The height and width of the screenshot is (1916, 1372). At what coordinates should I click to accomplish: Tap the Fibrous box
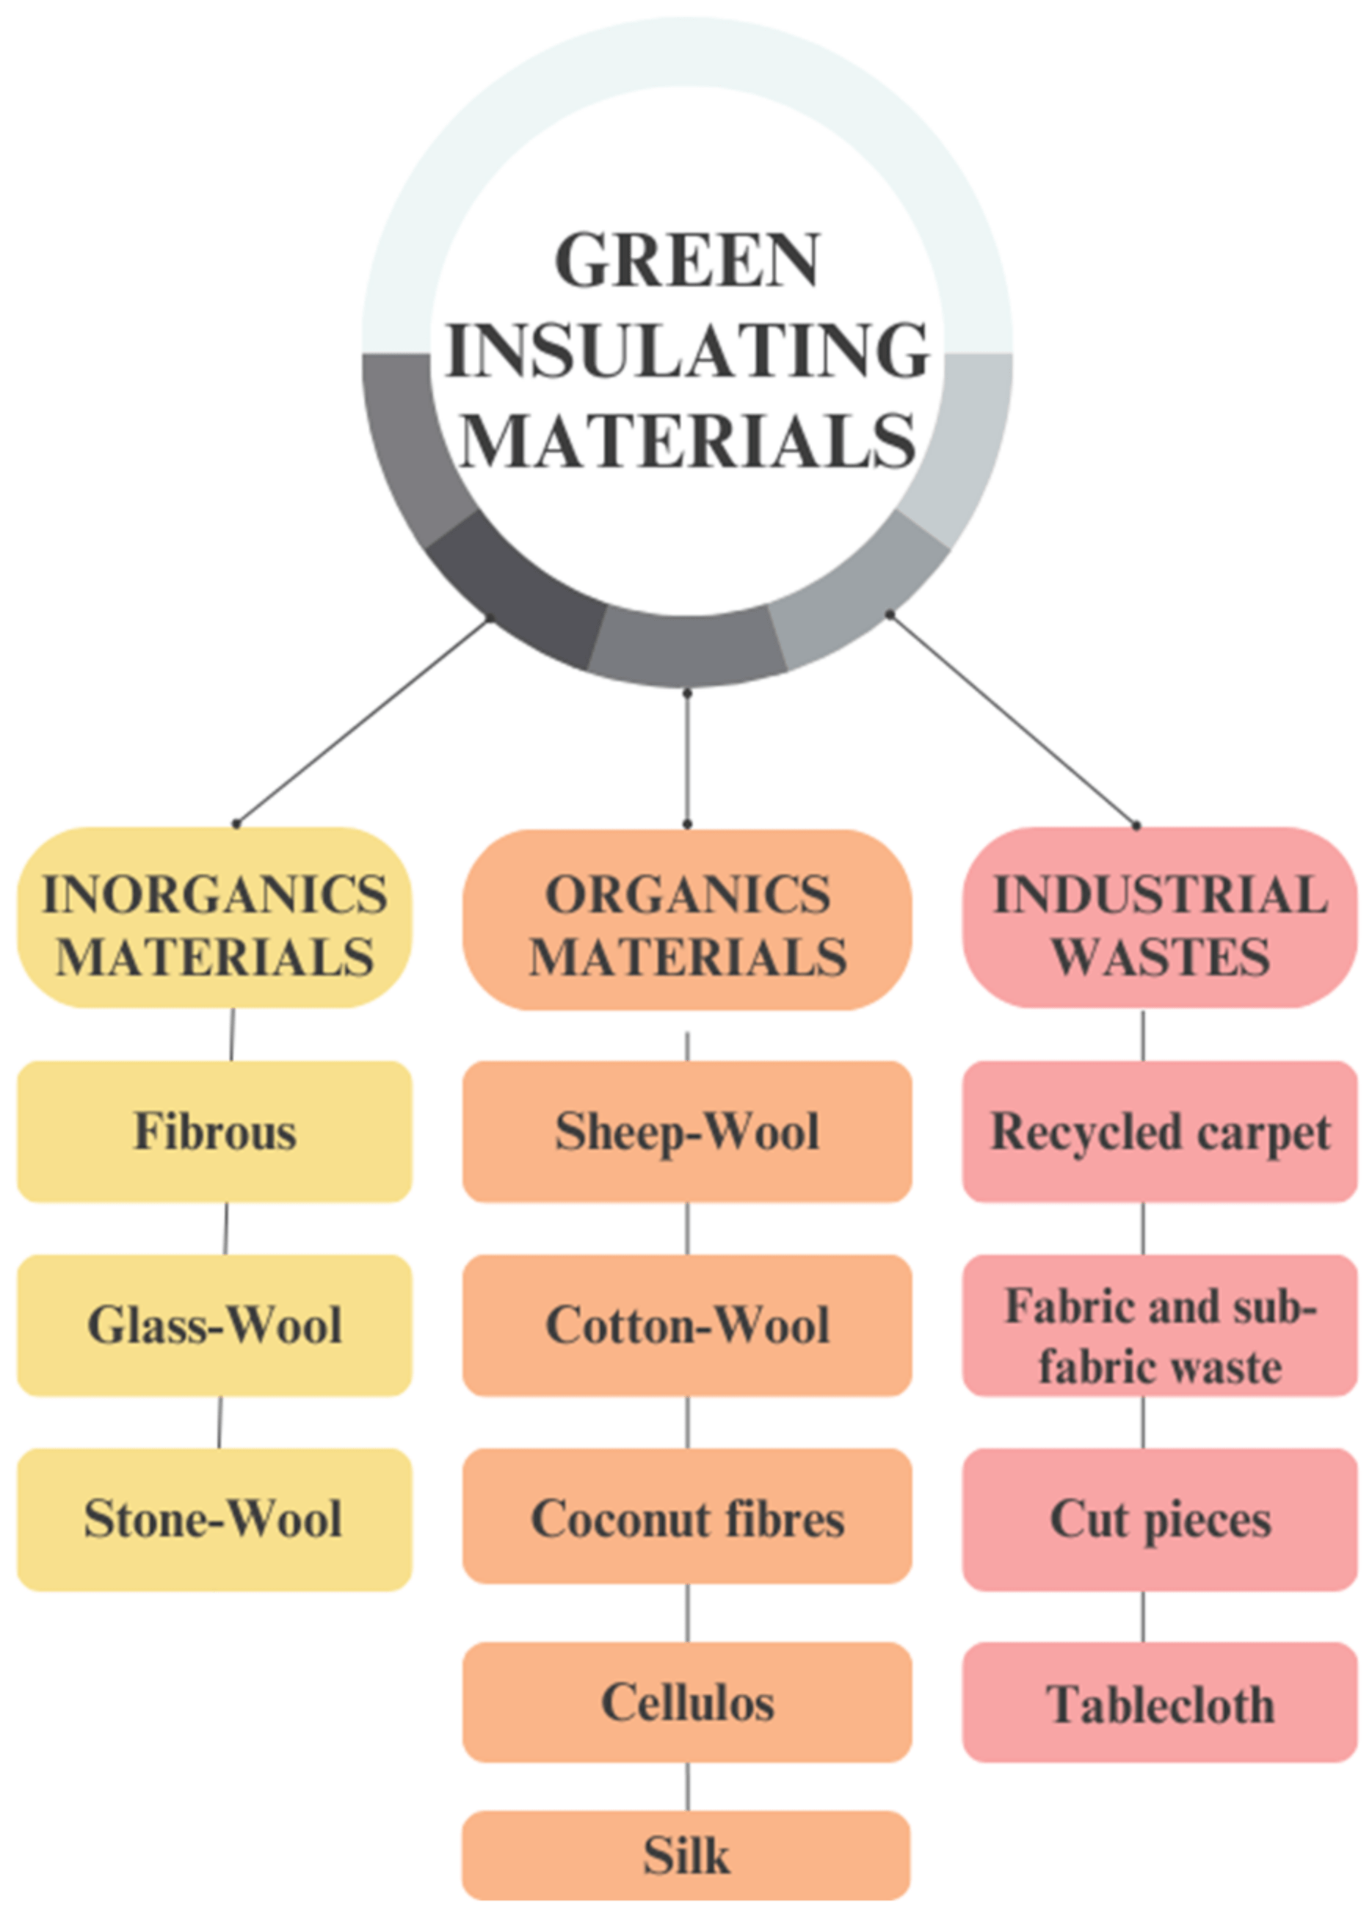tap(214, 1131)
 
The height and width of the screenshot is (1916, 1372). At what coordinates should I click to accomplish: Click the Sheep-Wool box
tap(687, 1131)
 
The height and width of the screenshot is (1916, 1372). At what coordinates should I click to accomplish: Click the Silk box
tap(687, 1855)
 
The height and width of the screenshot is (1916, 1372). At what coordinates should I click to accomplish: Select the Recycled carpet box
tap(1160, 1131)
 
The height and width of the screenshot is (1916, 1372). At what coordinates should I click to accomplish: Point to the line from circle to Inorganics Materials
tap(363, 721)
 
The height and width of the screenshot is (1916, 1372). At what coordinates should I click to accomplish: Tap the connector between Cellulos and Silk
tap(687, 1786)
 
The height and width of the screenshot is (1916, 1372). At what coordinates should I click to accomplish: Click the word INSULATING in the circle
tap(687, 351)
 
